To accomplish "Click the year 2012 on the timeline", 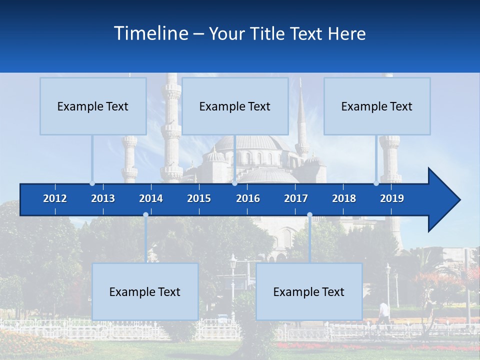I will tap(55, 199).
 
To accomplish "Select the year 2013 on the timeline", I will tap(103, 199).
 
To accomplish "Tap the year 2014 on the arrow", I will tap(151, 199).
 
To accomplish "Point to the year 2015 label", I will tap(199, 199).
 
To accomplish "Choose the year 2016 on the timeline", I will tap(248, 199).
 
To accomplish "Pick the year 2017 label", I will tap(296, 199).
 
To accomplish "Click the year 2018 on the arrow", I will tap(344, 199).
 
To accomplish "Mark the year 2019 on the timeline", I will tap(392, 199).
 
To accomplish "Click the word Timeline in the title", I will tap(150, 33).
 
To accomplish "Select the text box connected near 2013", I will tap(93, 106).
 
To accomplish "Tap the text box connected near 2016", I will tap(235, 106).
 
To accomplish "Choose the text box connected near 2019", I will tap(377, 106).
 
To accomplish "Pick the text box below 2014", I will tap(145, 292).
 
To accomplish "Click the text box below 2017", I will tap(309, 292).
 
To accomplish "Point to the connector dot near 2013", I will tap(92, 183).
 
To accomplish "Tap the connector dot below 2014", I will tap(145, 215).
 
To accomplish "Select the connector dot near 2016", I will tap(234, 183).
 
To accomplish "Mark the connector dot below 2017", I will tap(309, 215).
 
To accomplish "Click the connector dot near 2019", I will tap(376, 183).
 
